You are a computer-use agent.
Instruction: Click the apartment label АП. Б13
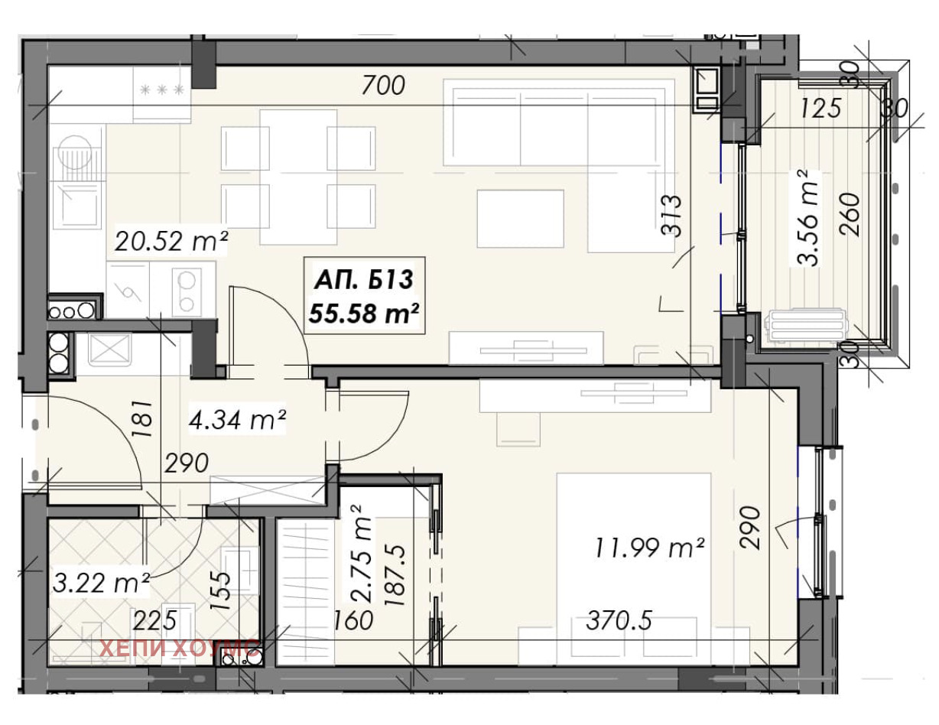[364, 280]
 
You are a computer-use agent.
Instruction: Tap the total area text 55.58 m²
[364, 314]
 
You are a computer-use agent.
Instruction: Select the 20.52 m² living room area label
[171, 241]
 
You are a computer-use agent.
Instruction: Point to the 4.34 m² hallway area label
[237, 420]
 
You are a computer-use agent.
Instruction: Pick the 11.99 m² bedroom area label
[649, 548]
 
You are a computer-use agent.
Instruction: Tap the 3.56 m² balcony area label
[807, 217]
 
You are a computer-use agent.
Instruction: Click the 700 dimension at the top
[383, 85]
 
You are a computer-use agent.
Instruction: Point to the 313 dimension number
[671, 216]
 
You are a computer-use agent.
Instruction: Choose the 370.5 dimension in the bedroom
[619, 621]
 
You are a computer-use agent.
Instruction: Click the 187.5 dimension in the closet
[395, 575]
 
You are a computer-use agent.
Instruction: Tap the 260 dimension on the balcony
[850, 214]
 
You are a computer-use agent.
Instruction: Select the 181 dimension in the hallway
[143, 418]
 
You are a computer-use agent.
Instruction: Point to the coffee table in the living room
[520, 219]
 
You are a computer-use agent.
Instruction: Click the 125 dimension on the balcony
[820, 108]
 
